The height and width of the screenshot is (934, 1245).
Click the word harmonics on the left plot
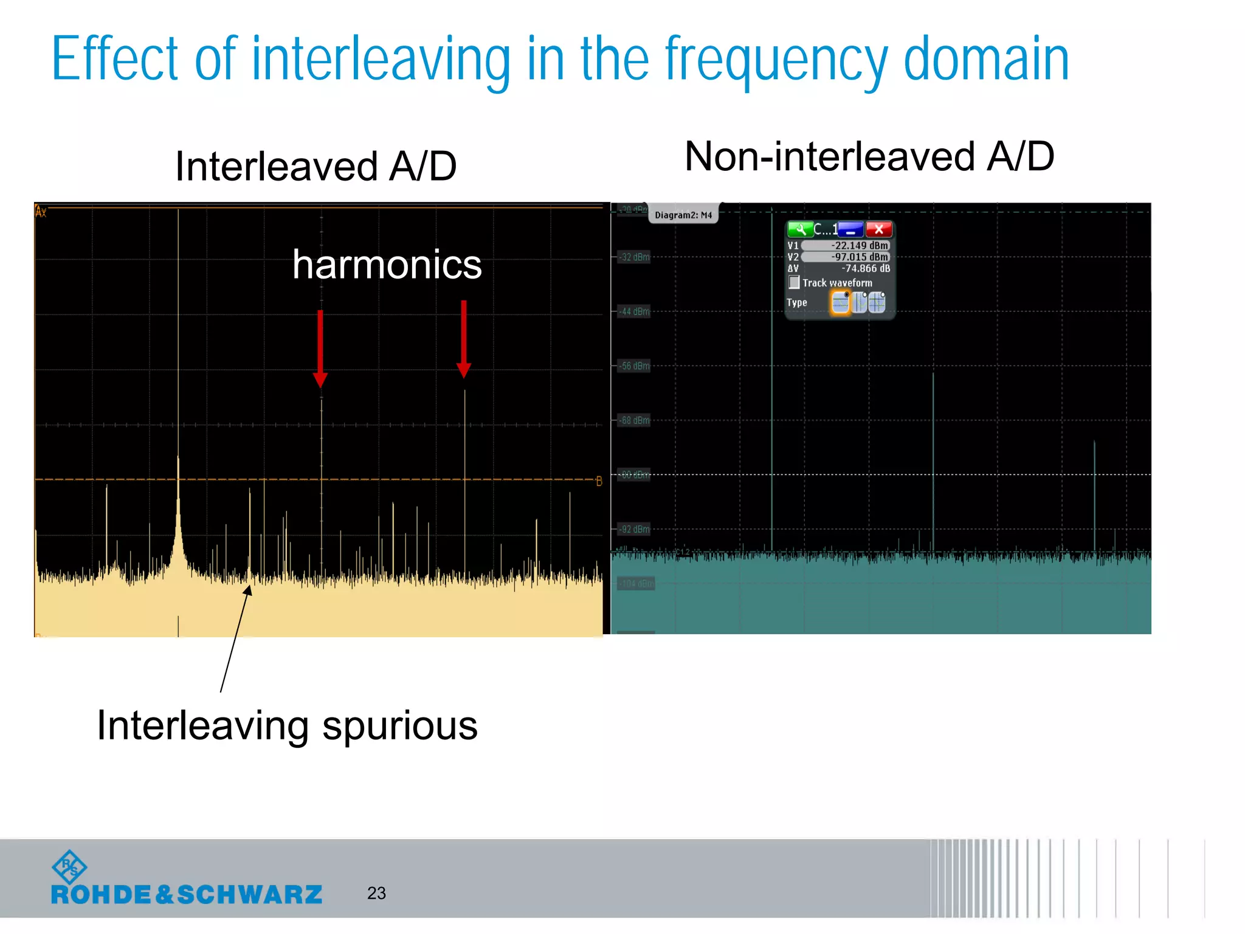click(x=387, y=265)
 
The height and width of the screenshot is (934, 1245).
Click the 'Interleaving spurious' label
click(x=287, y=725)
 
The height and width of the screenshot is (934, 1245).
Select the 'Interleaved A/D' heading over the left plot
click(x=316, y=167)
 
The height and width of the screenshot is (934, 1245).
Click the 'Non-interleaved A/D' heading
click(x=869, y=157)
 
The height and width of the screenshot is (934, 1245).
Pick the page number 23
click(x=376, y=893)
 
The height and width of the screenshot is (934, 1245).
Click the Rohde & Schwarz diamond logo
click(x=69, y=867)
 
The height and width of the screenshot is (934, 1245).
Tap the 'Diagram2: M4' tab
click(x=683, y=215)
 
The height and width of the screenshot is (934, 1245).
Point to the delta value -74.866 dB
click(x=865, y=269)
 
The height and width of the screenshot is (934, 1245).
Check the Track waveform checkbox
click(x=794, y=283)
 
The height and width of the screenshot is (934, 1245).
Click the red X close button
click(x=878, y=230)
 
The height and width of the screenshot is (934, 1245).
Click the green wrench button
click(x=800, y=230)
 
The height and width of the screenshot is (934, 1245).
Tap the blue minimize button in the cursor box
click(x=850, y=230)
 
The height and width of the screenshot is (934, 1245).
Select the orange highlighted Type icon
click(x=840, y=302)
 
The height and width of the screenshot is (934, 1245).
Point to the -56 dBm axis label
click(x=635, y=366)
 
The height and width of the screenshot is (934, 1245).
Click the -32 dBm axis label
click(x=635, y=257)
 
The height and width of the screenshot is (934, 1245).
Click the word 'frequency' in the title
click(x=776, y=60)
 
